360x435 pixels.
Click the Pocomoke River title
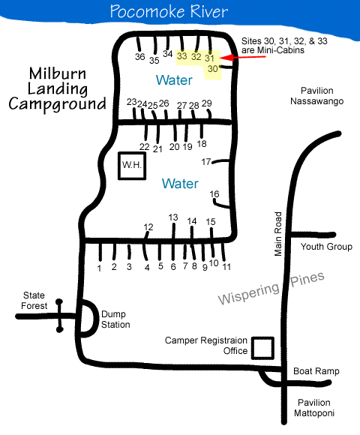pyautogui.click(x=169, y=11)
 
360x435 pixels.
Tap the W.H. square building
pyautogui.click(x=132, y=166)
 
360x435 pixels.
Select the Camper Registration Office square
pyautogui.click(x=262, y=348)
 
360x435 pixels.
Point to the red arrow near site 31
pyautogui.click(x=243, y=57)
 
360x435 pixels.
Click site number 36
pyautogui.click(x=140, y=56)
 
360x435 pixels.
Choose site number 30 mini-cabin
pyautogui.click(x=213, y=68)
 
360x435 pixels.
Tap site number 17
pyautogui.click(x=206, y=161)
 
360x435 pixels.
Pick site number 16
pyautogui.click(x=214, y=194)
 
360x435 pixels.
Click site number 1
pyautogui.click(x=99, y=268)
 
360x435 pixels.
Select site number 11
pyautogui.click(x=226, y=267)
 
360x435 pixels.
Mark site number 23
pyautogui.click(x=132, y=102)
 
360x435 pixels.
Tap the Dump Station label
pyautogui.click(x=115, y=319)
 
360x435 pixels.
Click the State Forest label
pyautogui.click(x=34, y=301)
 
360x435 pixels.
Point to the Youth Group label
pyautogui.click(x=326, y=246)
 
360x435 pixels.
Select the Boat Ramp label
pyautogui.click(x=316, y=371)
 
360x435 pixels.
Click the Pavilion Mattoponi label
pyautogui.click(x=314, y=408)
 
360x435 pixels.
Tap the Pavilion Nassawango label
pyautogui.click(x=317, y=96)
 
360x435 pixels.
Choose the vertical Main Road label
pyautogui.click(x=278, y=234)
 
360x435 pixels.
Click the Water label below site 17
pyautogui.click(x=180, y=184)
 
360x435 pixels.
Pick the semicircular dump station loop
pyautogui.click(x=96, y=319)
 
